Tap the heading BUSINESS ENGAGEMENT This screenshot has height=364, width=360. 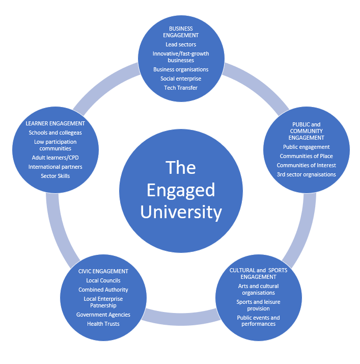point(181,32)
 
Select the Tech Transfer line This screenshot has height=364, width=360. point(181,88)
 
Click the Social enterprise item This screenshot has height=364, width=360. point(181,79)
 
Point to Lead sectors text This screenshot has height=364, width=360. point(181,44)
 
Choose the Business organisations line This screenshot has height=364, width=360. point(181,69)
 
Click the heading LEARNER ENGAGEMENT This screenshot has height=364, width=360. point(55,123)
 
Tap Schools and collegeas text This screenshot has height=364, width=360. point(55,133)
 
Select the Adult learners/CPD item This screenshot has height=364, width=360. point(55,158)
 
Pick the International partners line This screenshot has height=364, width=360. point(55,167)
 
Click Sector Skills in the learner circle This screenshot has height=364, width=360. point(55,176)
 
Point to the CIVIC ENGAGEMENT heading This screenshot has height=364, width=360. point(103,271)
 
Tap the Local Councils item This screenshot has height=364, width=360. point(103,280)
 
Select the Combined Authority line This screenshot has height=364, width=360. point(103,290)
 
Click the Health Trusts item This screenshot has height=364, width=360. point(103,324)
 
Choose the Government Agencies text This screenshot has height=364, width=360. point(103,315)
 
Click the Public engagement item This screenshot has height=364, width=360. point(307,147)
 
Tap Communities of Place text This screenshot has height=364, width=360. point(307,156)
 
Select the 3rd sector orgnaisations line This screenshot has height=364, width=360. point(307,174)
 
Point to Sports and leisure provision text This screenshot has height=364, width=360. point(258,305)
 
